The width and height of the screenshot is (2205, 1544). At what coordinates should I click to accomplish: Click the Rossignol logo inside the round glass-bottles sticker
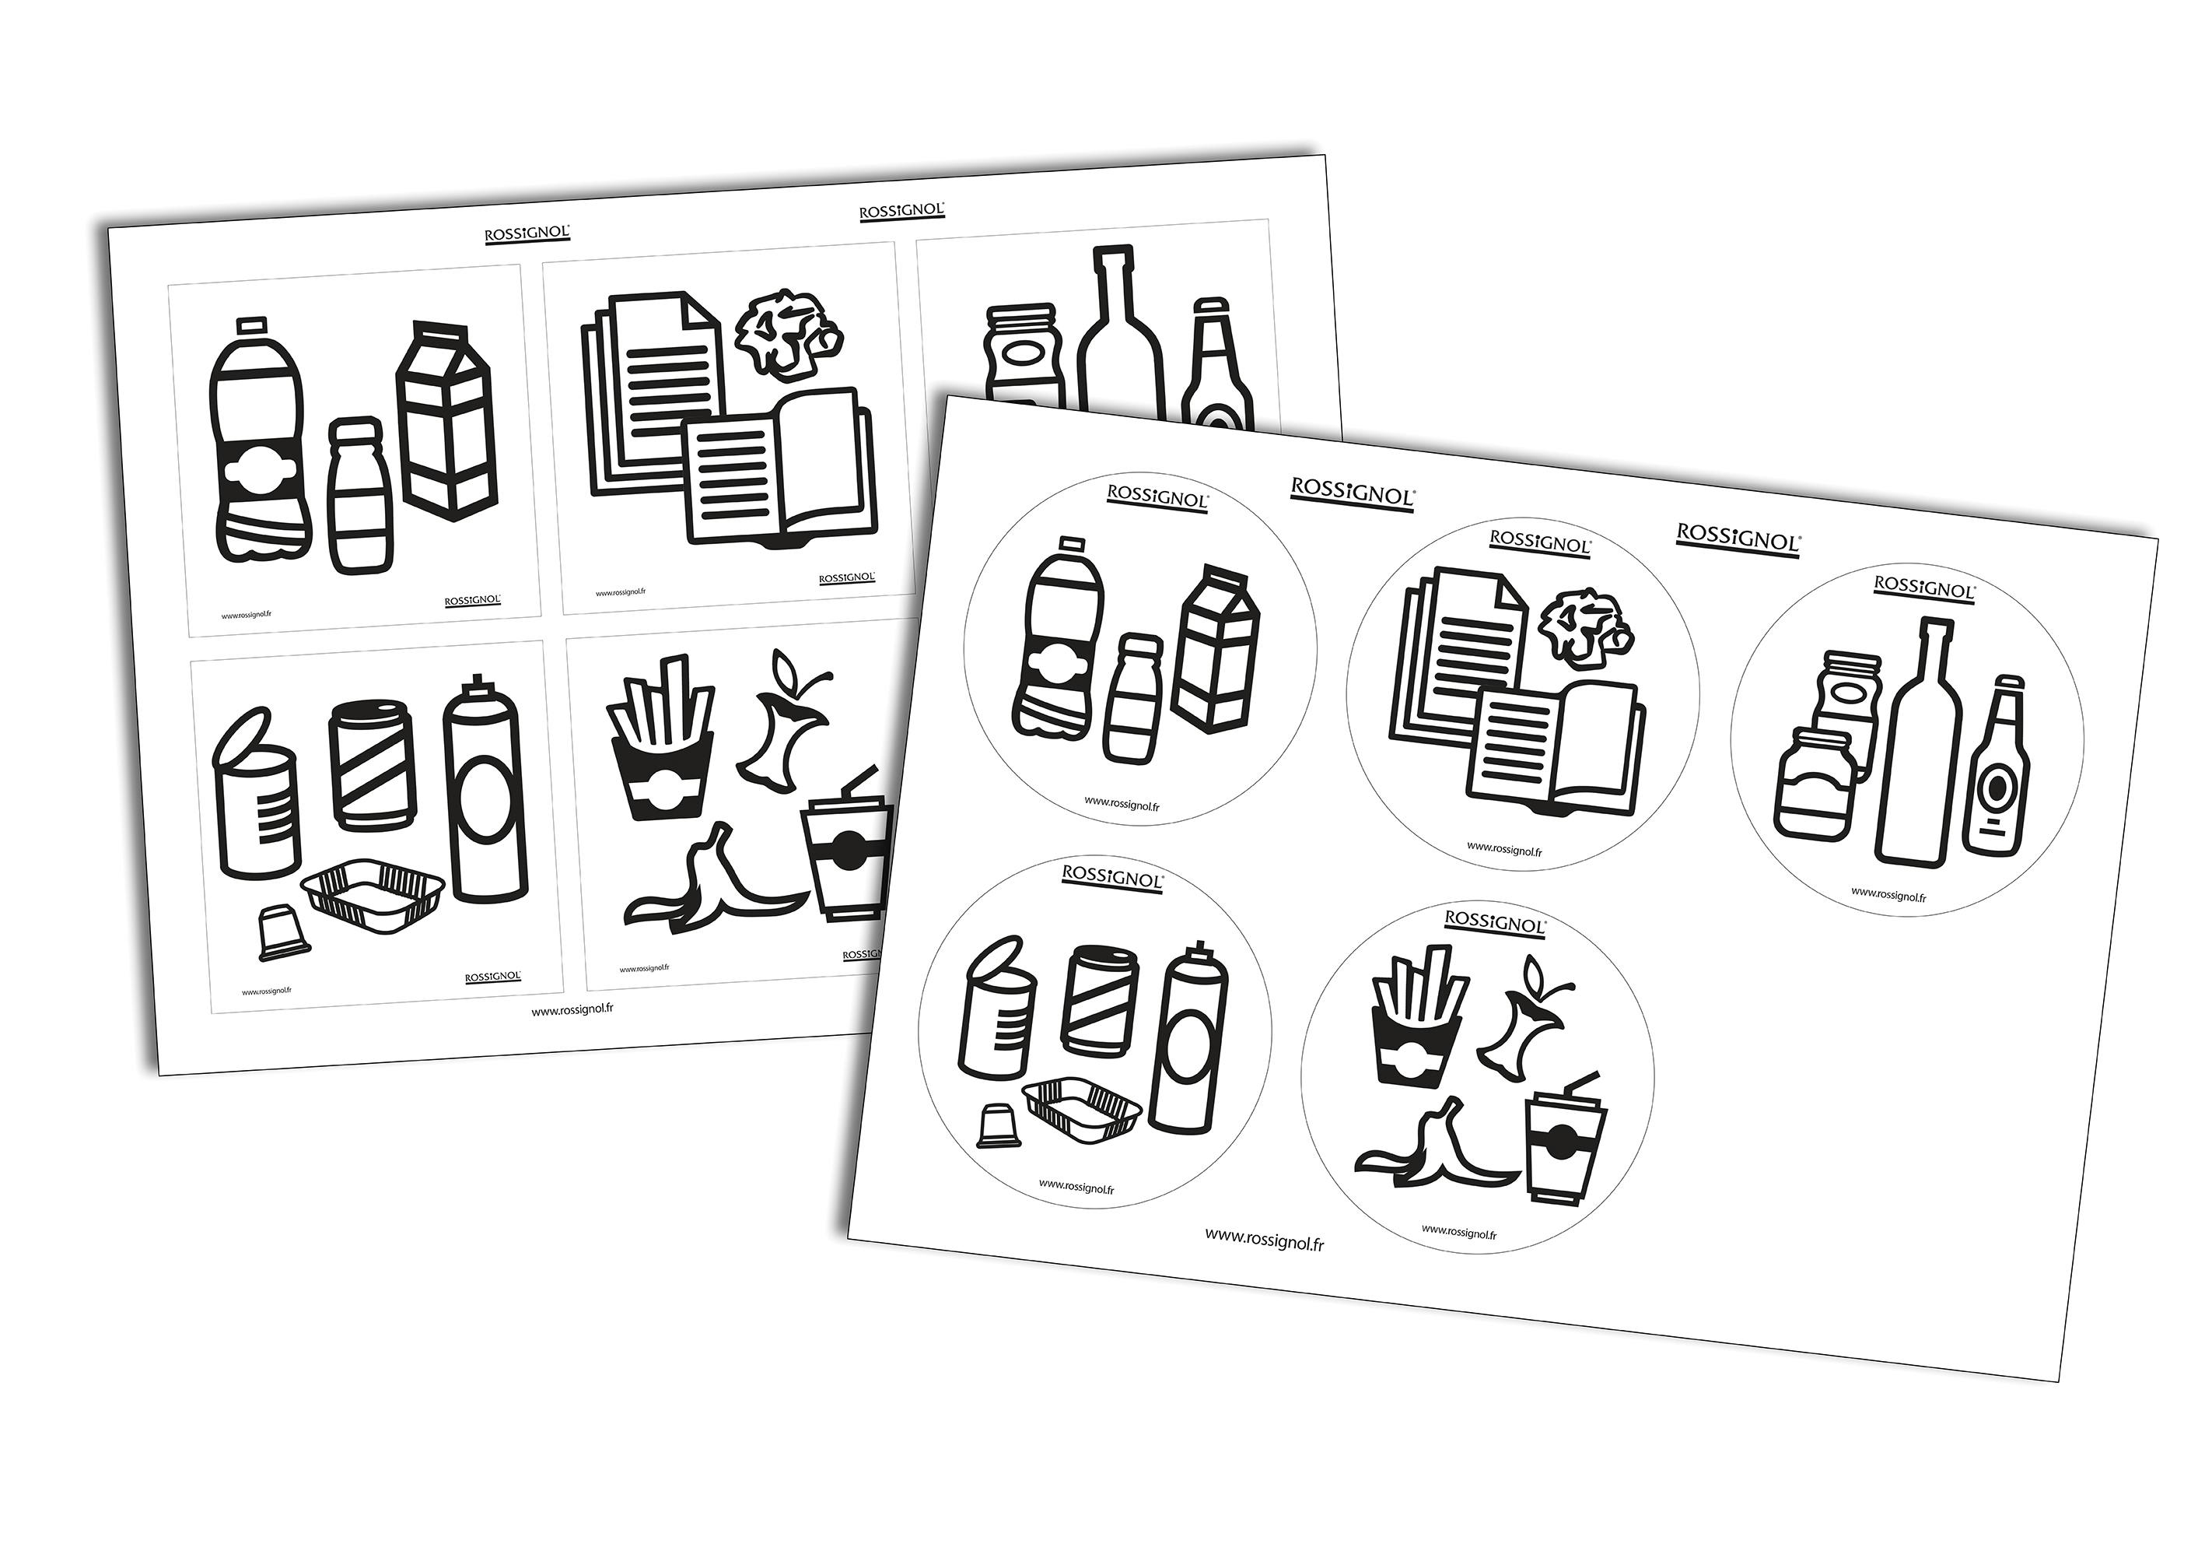[1923, 586]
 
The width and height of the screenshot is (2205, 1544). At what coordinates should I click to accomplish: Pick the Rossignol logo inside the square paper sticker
[846, 577]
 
